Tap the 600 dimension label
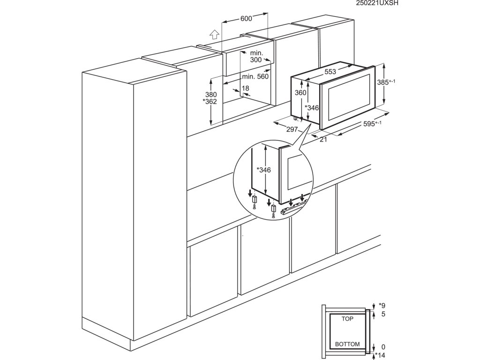click(246, 19)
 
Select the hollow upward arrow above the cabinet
click(214, 34)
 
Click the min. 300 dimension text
click(256, 57)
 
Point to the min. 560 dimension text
click(255, 77)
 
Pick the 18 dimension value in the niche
click(246, 88)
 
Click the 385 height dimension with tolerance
click(386, 82)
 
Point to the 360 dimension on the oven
click(300, 93)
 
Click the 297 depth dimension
click(292, 129)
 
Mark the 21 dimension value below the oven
click(323, 139)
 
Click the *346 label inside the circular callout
click(263, 170)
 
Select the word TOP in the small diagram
click(347, 318)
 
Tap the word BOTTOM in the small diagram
click(347, 344)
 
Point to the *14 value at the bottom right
click(380, 356)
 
